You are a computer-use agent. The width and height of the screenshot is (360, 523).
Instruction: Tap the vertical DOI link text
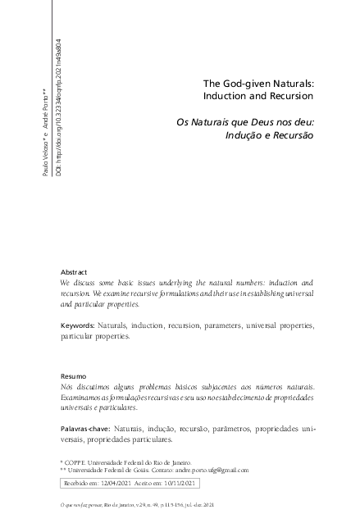[58, 107]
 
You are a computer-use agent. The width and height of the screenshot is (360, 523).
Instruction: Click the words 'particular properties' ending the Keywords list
[95, 336]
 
